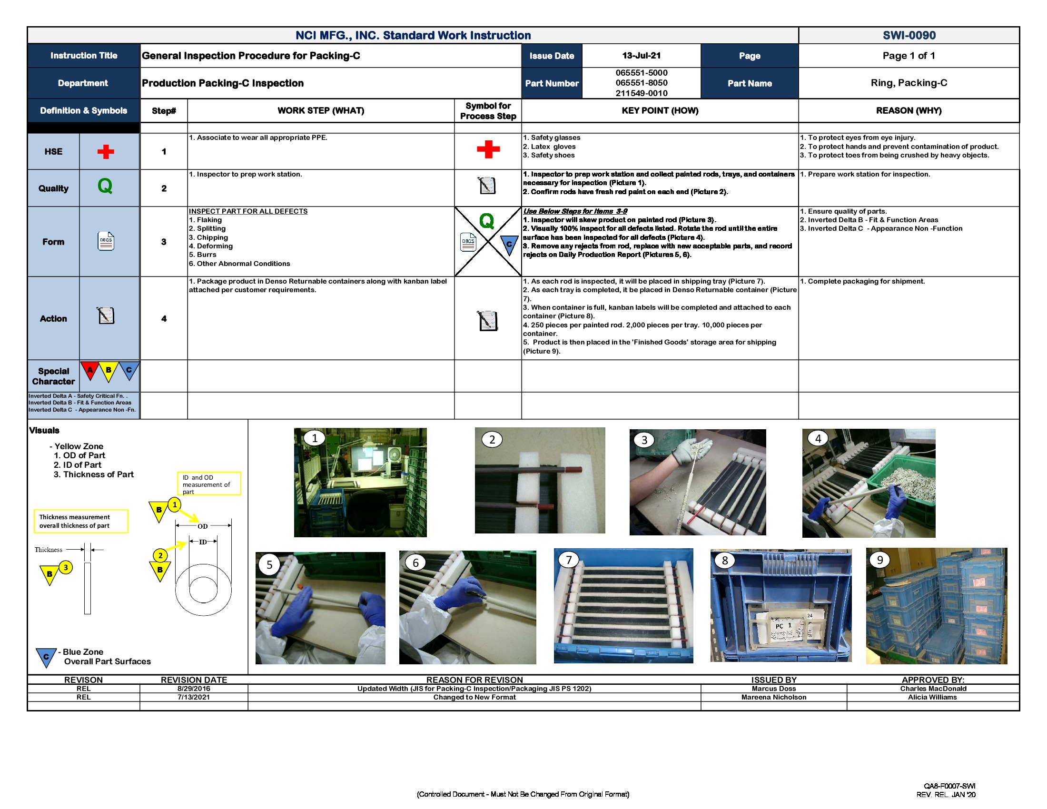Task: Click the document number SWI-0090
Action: pos(909,36)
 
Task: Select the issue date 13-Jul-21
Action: pos(641,56)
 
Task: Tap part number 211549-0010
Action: pos(641,93)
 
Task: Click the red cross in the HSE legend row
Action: pos(106,152)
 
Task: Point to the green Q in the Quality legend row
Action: pos(105,186)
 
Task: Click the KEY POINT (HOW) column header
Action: pos(660,111)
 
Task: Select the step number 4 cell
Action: pos(164,319)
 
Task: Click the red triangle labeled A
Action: pos(89,370)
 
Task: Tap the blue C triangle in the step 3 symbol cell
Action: pos(509,245)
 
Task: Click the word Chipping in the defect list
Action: pos(212,237)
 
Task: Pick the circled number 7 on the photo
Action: pos(569,560)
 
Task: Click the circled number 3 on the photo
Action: pos(644,440)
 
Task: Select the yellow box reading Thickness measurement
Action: pos(81,521)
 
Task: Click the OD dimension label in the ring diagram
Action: pos(203,526)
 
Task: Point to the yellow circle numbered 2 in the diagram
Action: pos(160,556)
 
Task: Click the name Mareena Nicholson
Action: pos(773,697)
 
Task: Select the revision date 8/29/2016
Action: pos(194,689)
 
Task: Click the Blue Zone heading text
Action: pos(83,652)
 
